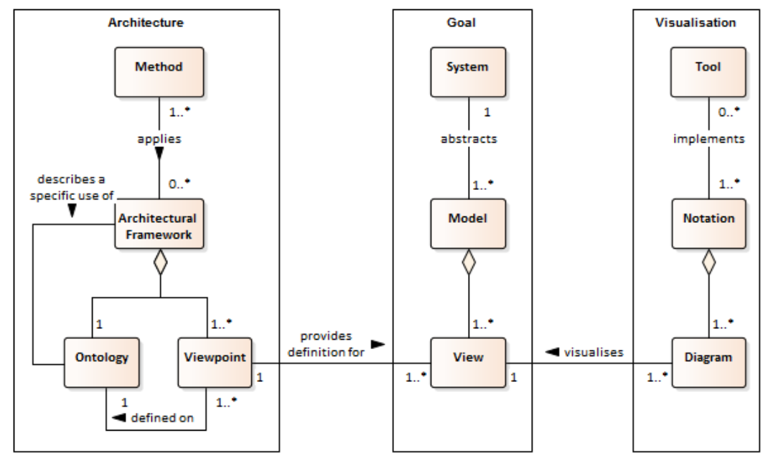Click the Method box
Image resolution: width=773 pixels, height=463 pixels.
click(159, 72)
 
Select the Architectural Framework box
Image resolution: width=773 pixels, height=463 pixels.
click(159, 224)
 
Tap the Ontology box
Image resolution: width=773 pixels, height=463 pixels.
click(101, 363)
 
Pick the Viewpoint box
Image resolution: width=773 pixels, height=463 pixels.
click(215, 363)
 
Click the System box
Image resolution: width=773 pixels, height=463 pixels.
click(468, 72)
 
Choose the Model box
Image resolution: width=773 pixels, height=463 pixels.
click(468, 224)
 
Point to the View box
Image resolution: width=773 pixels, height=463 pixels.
click(468, 363)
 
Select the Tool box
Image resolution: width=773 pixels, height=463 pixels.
click(708, 72)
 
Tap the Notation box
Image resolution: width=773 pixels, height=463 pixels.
click(708, 224)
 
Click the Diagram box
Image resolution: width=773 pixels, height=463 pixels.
click(708, 363)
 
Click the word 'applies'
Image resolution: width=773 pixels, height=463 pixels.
click(159, 139)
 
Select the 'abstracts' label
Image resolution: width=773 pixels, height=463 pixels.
click(469, 139)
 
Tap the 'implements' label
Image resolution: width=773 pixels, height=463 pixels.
click(709, 139)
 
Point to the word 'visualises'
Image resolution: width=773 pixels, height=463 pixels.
click(594, 353)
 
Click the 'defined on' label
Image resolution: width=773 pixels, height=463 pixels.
click(162, 418)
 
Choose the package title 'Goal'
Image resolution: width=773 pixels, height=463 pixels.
click(461, 23)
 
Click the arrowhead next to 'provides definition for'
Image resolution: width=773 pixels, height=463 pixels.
click(378, 344)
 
